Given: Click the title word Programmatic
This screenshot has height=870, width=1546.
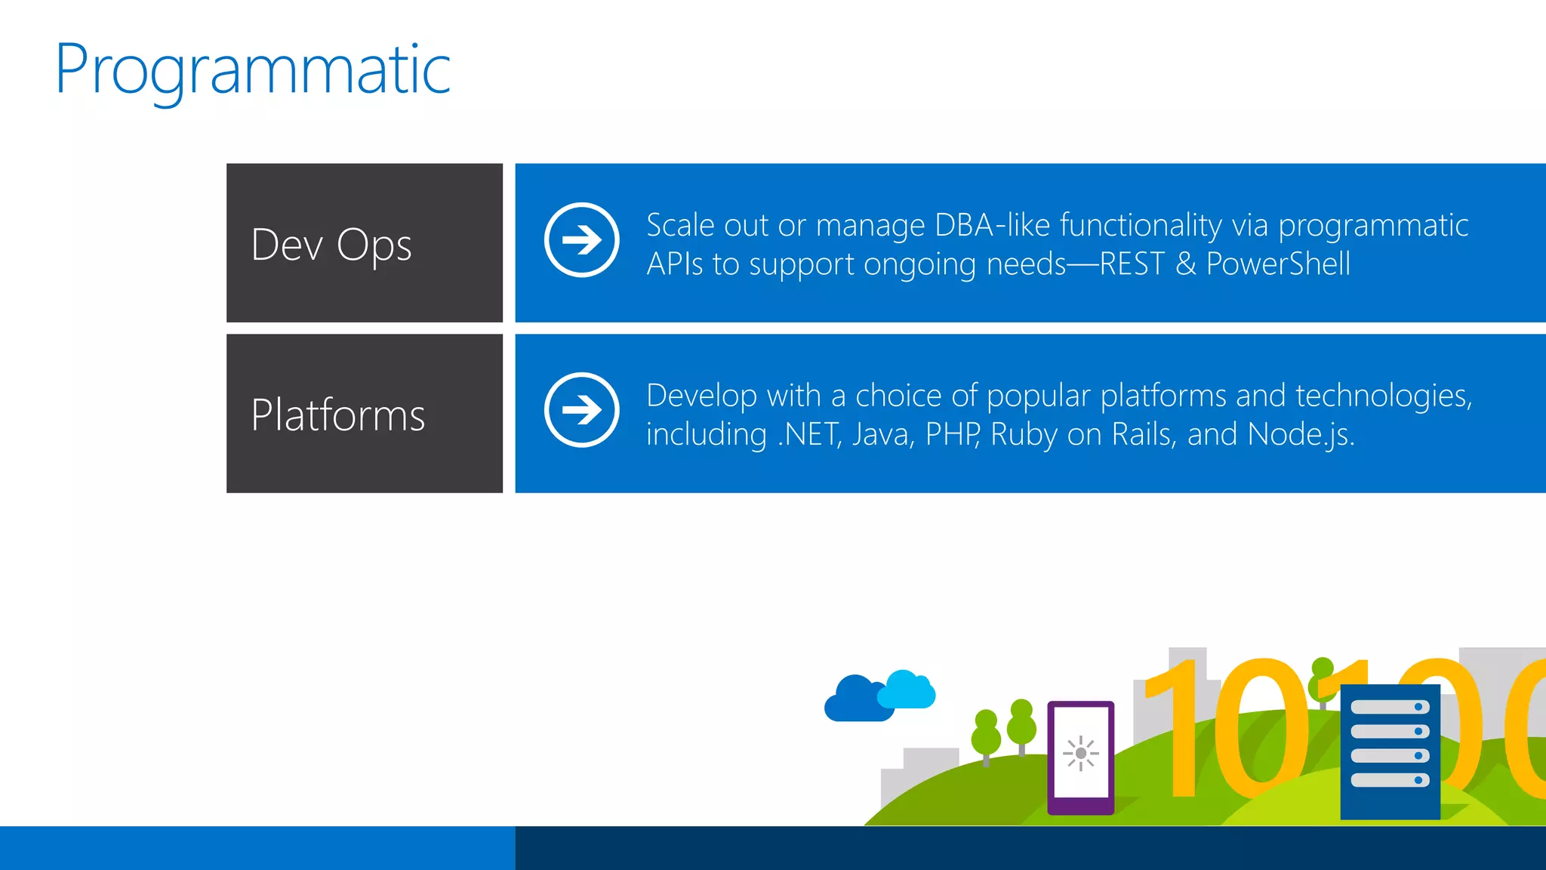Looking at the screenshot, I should pyautogui.click(x=253, y=69).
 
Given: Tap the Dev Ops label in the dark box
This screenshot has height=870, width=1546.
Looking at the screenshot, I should pyautogui.click(x=331, y=245).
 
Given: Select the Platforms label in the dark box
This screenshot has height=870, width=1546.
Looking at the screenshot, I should pyautogui.click(x=337, y=415).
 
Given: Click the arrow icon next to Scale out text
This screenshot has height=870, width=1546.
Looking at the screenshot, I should pyautogui.click(x=581, y=240).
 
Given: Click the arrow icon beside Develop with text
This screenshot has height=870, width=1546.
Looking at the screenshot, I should pyautogui.click(x=581, y=410).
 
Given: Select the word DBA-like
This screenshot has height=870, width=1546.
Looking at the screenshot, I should pyautogui.click(x=994, y=225).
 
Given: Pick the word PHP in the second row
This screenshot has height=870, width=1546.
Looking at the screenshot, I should pyautogui.click(x=952, y=434).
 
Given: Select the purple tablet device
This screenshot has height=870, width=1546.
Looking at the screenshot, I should pyautogui.click(x=1080, y=757).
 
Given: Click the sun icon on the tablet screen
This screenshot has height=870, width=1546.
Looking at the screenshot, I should pyautogui.click(x=1080, y=753).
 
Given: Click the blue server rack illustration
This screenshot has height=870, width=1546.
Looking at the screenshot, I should pyautogui.click(x=1390, y=751).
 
